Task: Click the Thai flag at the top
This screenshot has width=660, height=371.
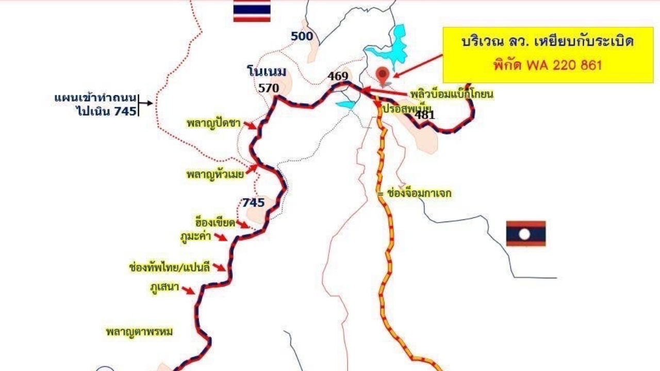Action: [252, 11]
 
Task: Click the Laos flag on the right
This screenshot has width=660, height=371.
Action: [525, 233]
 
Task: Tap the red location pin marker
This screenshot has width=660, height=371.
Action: [383, 75]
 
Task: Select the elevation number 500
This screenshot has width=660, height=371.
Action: [302, 36]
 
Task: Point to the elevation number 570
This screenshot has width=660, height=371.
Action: [269, 88]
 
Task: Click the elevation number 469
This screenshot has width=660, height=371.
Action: [338, 76]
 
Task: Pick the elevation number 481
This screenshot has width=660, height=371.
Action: [425, 115]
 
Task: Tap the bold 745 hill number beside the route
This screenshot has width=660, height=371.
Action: [253, 203]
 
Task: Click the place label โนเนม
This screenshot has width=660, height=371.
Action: [266, 71]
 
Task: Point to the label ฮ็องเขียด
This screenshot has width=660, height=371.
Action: [215, 223]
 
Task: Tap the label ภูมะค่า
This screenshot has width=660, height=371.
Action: [196, 237]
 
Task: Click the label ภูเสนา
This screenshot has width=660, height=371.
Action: [164, 287]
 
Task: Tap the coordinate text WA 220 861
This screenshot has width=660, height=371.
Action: [563, 65]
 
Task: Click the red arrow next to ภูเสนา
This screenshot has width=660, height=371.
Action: [188, 291]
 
